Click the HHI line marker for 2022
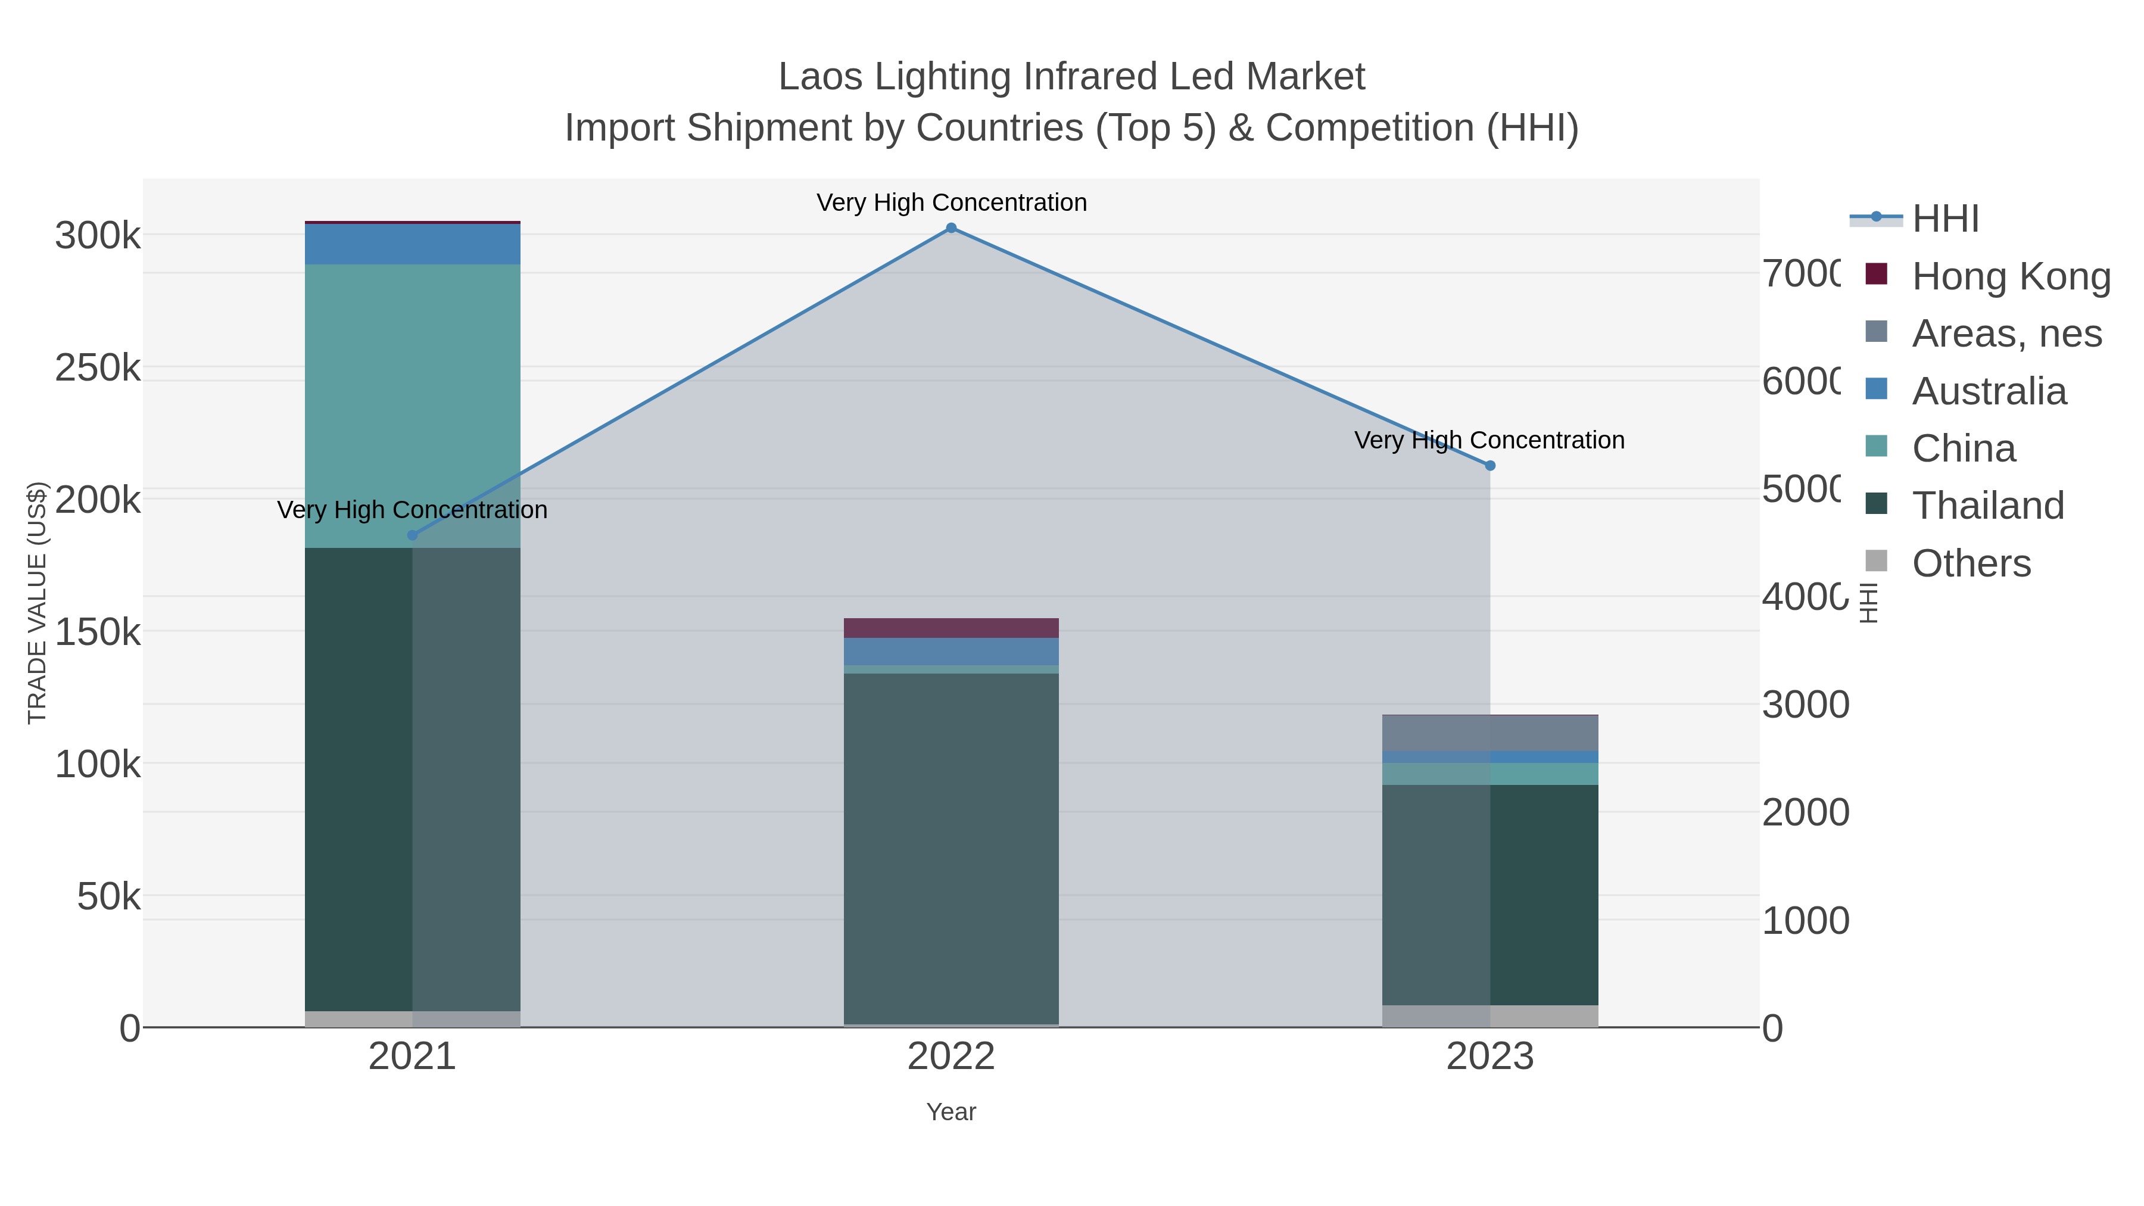(951, 228)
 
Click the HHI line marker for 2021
(412, 535)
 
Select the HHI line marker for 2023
(1490, 466)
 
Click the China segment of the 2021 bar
(412, 406)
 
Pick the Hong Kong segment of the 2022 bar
(951, 628)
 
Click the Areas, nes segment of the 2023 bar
(1490, 733)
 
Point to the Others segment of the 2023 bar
(1490, 1015)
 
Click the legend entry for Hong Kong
(2010, 276)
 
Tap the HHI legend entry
(1945, 219)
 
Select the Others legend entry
(1971, 563)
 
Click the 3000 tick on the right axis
(1805, 705)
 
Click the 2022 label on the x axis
(951, 1056)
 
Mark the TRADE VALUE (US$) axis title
(38, 603)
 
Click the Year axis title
(951, 1112)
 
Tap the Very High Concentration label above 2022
(951, 202)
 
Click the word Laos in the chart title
(819, 77)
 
